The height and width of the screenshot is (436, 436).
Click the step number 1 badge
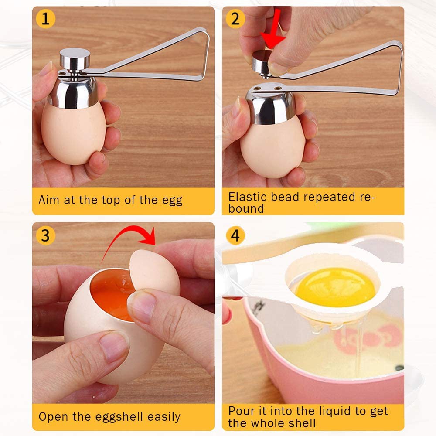click(45, 19)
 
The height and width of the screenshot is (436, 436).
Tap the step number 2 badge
click(235, 19)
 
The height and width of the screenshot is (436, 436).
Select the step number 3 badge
click(45, 235)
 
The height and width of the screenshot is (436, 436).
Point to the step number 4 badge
click(235, 235)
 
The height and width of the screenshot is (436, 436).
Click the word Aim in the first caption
click(48, 200)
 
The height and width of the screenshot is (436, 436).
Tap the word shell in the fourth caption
click(301, 422)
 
